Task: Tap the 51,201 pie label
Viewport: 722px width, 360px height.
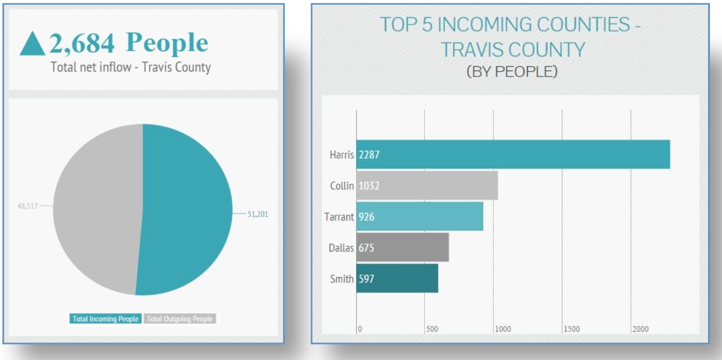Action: coord(258,214)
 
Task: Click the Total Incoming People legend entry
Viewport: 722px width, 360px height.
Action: coord(105,319)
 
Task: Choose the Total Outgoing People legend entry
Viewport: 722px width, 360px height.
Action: coord(180,319)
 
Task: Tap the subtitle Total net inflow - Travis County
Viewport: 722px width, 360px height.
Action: coord(130,68)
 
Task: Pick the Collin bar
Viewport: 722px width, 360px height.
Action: coord(427,186)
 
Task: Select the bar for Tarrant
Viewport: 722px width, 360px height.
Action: coord(419,216)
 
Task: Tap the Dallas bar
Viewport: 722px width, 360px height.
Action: coord(402,247)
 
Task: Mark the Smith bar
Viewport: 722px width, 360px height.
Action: coord(397,278)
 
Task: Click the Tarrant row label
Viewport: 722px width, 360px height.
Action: coord(339,216)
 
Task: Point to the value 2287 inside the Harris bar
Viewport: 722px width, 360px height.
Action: coord(369,154)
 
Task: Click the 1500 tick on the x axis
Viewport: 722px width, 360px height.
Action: coord(573,329)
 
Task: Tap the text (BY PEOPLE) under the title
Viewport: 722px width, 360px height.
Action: coord(511,72)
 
